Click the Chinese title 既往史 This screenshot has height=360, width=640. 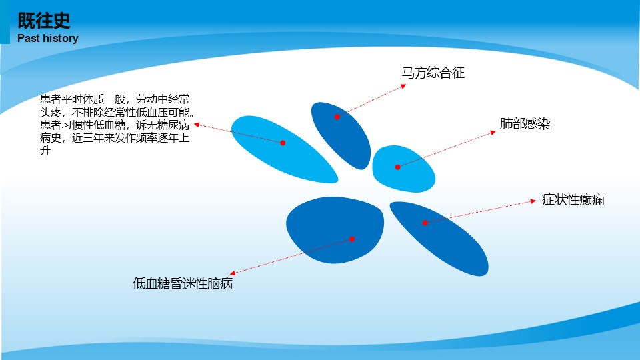(x=44, y=21)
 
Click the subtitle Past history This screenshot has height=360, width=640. (x=48, y=39)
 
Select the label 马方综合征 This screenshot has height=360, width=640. (x=433, y=73)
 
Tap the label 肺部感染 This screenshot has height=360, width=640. (x=525, y=124)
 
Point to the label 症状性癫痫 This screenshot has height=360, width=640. (x=573, y=199)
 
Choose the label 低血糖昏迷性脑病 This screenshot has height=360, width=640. (x=183, y=283)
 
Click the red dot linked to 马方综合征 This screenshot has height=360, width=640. (x=337, y=117)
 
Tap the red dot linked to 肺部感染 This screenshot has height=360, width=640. (x=397, y=167)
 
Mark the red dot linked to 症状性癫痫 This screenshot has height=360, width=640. (x=425, y=223)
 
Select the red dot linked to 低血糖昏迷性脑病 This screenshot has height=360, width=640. (x=352, y=239)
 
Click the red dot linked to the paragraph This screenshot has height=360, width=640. (x=283, y=143)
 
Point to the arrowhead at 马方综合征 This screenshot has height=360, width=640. (x=404, y=86)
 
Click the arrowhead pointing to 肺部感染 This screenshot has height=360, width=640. (x=493, y=133)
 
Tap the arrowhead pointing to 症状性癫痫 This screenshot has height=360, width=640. (x=533, y=201)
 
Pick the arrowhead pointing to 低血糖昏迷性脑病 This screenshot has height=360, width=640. (x=233, y=273)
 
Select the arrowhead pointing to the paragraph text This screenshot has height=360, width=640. (x=196, y=125)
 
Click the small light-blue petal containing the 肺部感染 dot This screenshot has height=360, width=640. (x=404, y=169)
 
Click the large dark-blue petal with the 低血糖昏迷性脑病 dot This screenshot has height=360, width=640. (x=335, y=230)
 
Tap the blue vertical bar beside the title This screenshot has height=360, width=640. (x=5, y=21)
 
